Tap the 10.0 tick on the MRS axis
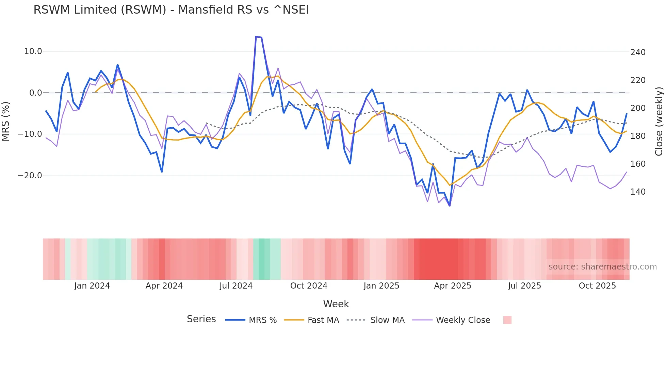tap(33, 51)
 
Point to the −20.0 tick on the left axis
tap(30, 176)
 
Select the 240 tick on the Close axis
tap(638, 52)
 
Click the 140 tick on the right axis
tap(638, 192)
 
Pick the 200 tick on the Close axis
tap(638, 108)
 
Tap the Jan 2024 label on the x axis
tap(92, 286)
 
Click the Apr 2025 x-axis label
tap(453, 286)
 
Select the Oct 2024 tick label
tap(309, 286)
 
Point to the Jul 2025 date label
tap(524, 286)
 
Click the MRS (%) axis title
tap(6, 121)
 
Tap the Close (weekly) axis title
tap(659, 121)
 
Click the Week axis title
tap(336, 304)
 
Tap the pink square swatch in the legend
tap(507, 320)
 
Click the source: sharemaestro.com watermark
tap(602, 267)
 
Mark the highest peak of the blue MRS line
tap(256, 36)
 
